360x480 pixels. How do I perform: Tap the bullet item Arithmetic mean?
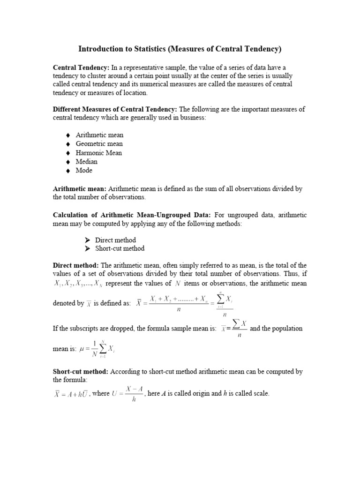[99, 135]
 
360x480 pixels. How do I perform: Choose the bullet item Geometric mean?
[99, 144]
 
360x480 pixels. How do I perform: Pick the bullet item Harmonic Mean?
[98, 153]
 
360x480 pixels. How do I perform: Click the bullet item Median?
[87, 162]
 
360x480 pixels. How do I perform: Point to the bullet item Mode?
[84, 171]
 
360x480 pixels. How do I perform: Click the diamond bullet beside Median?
[67, 162]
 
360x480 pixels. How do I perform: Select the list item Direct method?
[115, 240]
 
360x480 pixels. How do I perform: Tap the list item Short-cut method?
[120, 248]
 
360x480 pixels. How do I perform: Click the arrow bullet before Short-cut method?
[87, 248]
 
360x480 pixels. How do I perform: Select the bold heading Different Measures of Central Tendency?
[114, 109]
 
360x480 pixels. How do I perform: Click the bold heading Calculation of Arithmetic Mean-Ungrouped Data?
[132, 215]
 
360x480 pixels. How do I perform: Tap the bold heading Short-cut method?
[80, 371]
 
